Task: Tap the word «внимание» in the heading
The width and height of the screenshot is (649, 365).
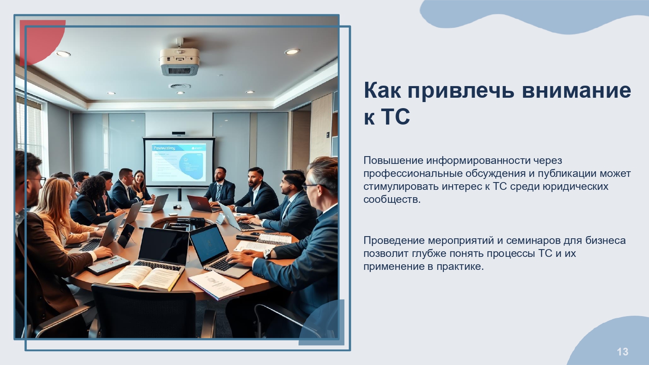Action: pyautogui.click(x=577, y=90)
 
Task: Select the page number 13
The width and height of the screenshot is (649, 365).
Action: pyautogui.click(x=622, y=352)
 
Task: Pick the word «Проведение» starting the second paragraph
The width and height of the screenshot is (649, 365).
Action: pyautogui.click(x=394, y=240)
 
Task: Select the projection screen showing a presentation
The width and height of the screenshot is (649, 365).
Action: pyautogui.click(x=179, y=162)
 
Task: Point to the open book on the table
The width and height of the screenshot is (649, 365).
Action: pyautogui.click(x=145, y=278)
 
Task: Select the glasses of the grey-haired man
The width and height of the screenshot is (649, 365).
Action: pyautogui.click(x=315, y=186)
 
